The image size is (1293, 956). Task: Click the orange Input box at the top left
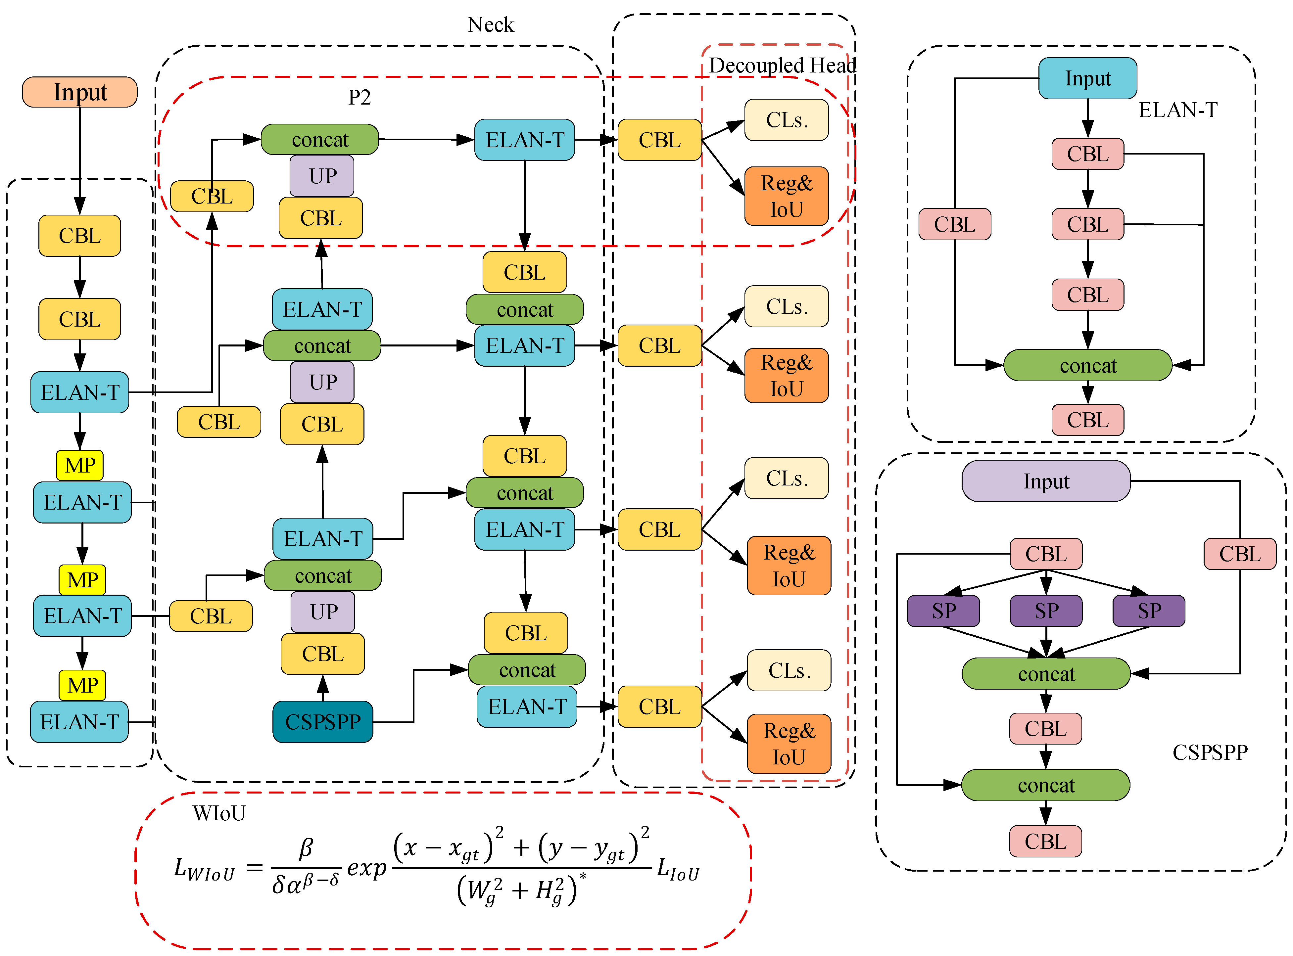[79, 92]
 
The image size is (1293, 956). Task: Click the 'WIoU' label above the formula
[219, 813]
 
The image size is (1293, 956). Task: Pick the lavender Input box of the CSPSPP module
[1045, 481]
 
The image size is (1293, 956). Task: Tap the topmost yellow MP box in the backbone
[80, 465]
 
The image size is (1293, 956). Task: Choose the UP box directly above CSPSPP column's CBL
[323, 611]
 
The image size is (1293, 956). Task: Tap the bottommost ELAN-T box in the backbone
[79, 722]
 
